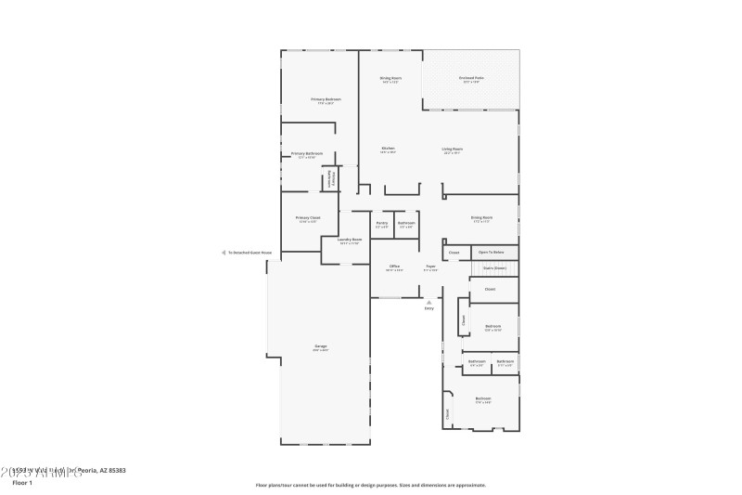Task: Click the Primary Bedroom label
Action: click(x=326, y=99)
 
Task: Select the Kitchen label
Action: click(x=389, y=149)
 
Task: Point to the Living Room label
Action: click(x=452, y=149)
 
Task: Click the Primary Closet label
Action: click(x=307, y=218)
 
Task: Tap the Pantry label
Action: click(x=381, y=223)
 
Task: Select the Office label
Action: click(x=394, y=267)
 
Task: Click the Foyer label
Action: click(x=431, y=267)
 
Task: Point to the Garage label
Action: click(x=319, y=346)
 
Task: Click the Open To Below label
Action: click(x=492, y=252)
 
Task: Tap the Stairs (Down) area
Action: click(x=494, y=268)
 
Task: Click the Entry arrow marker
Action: click(x=429, y=301)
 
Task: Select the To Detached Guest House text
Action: click(x=250, y=252)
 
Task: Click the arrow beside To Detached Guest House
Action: click(x=223, y=252)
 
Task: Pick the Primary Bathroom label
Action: click(x=307, y=153)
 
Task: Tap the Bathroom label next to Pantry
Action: click(x=406, y=223)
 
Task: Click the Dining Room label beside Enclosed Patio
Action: click(x=390, y=78)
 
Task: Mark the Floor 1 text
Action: click(x=22, y=483)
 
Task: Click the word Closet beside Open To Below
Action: click(x=454, y=252)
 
